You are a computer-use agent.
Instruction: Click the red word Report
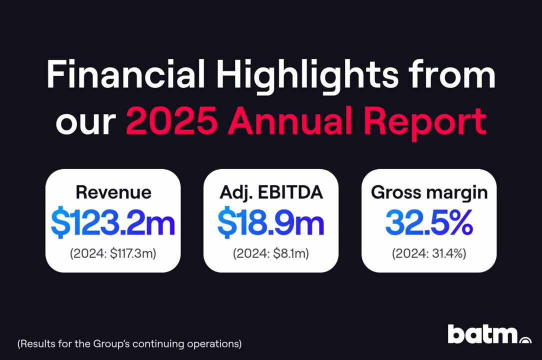425,123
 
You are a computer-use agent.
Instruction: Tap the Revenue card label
113,192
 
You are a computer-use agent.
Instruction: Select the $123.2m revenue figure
113,222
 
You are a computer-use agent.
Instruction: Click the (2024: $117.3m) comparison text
113,253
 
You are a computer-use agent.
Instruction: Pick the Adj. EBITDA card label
271,192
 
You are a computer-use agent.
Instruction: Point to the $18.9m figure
271,222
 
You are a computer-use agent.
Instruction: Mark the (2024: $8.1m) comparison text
271,253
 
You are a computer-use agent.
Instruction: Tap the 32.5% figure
429,222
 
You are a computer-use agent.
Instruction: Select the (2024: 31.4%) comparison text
429,253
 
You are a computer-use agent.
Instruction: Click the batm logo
489,334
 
